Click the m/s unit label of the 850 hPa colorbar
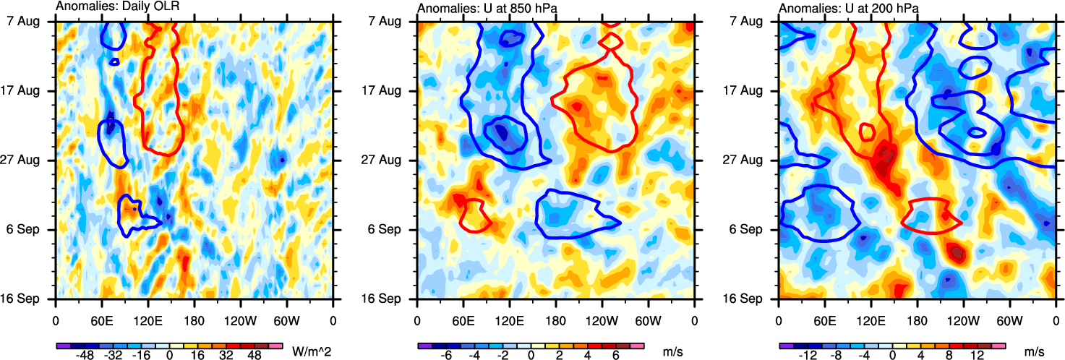point(672,349)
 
